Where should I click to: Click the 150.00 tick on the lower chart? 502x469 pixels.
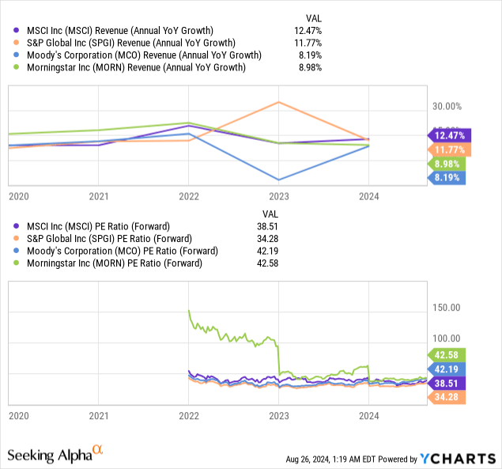click(x=443, y=307)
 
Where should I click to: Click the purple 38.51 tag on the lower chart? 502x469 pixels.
click(x=450, y=382)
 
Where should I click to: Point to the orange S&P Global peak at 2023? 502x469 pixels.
click(x=278, y=102)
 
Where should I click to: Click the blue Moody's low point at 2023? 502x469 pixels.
click(x=278, y=179)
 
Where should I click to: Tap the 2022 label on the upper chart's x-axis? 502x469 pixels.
click(x=188, y=196)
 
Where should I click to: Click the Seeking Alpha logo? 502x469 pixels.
click(x=55, y=455)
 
